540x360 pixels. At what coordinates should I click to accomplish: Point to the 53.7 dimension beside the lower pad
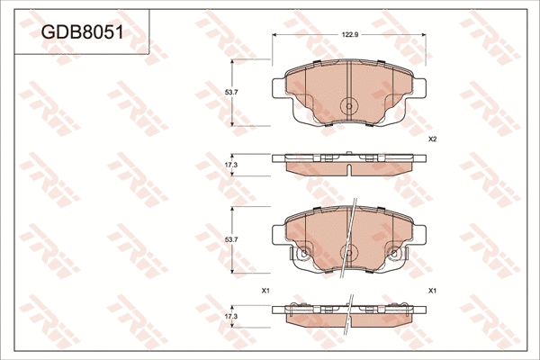tap(229, 238)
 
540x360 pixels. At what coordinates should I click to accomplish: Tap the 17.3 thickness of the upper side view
tap(230, 166)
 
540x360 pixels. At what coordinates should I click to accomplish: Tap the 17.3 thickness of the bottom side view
tap(230, 317)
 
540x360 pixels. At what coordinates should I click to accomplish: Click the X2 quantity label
tap(432, 139)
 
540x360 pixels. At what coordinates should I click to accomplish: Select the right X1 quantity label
tap(432, 290)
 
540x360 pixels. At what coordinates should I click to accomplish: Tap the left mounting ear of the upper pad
tap(277, 86)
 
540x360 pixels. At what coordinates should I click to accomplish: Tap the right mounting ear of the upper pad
tap(420, 86)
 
